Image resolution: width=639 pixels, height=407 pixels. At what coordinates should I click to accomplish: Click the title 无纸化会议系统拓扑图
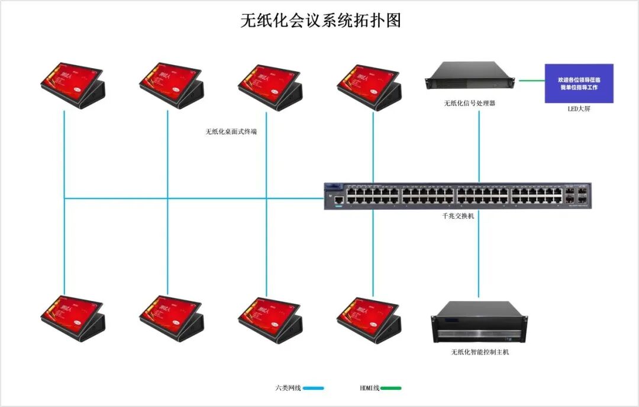tap(321, 21)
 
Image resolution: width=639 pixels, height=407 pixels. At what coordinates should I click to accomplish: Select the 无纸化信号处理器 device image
tap(472, 77)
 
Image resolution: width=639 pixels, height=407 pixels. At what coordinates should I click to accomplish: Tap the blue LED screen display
tap(579, 84)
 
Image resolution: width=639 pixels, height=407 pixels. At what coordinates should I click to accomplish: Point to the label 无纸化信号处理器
tap(469, 103)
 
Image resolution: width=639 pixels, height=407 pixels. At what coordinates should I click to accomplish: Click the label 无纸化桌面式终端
tap(231, 132)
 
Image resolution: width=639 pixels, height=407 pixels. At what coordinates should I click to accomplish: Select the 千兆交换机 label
tap(458, 216)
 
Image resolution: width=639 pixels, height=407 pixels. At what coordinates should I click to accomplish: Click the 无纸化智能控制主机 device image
tap(479, 322)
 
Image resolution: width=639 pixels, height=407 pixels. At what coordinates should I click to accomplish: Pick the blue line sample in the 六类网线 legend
tap(314, 388)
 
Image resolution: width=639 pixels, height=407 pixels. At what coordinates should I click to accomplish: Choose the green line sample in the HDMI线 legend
tap(390, 388)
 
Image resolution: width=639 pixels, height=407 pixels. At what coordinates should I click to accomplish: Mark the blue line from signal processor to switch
tap(479, 145)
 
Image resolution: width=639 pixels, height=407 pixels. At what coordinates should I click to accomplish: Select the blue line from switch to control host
tap(479, 255)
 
